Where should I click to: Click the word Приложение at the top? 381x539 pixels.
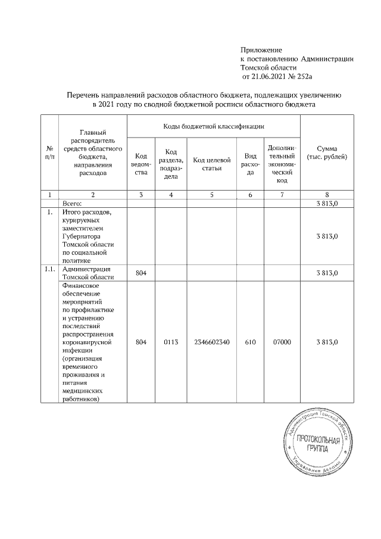point(261,49)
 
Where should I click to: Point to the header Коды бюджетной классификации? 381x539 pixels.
point(213,126)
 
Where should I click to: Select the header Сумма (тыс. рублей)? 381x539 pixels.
point(327,152)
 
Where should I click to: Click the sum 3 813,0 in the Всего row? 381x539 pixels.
point(327,204)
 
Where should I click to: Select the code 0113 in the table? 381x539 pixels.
point(171,342)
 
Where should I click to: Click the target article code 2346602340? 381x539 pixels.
point(211,342)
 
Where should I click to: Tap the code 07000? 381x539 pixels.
point(282,342)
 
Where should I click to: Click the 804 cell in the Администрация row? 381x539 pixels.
point(140,273)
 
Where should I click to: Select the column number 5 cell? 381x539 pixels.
point(211,195)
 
